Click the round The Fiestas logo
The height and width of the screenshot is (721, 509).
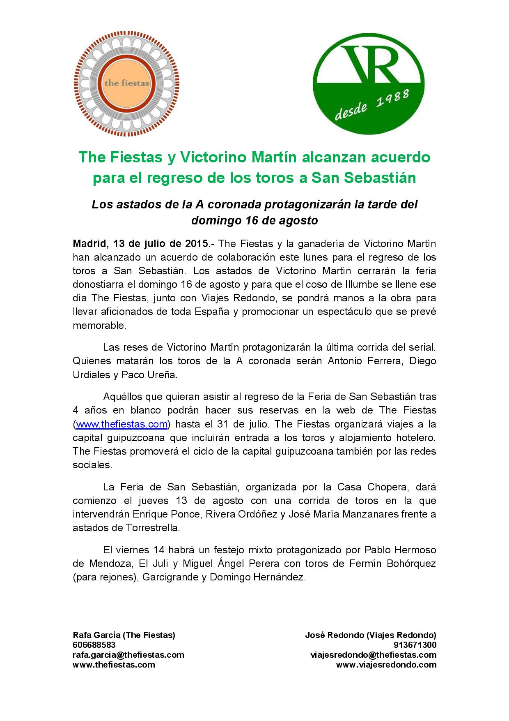[x=126, y=83]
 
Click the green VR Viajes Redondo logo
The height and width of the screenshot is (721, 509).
[x=369, y=83]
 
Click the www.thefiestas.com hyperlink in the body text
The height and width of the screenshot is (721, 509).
[x=122, y=424]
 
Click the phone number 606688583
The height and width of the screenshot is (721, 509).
[x=94, y=645]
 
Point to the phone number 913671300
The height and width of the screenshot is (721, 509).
[x=415, y=645]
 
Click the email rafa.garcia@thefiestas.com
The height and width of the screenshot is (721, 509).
[x=128, y=655]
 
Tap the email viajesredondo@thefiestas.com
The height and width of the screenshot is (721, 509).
[x=373, y=655]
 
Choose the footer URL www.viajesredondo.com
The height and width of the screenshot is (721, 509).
[x=386, y=665]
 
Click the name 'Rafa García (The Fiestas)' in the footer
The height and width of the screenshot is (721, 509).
[x=124, y=635]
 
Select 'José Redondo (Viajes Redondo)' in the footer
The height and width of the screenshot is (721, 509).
[x=370, y=635]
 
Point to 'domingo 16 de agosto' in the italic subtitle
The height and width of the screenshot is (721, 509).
[x=254, y=221]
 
